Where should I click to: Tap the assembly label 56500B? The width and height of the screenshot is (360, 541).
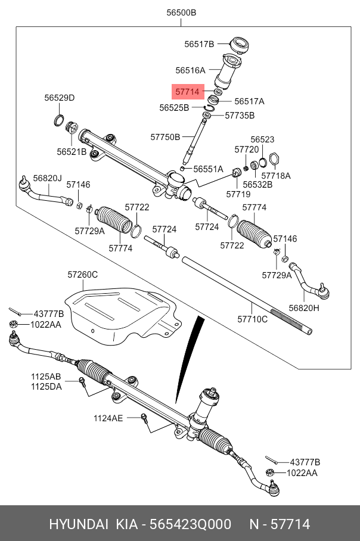click(179, 13)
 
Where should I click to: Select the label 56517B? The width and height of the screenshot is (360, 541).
click(199, 43)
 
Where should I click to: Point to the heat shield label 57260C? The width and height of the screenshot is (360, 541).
click(82, 275)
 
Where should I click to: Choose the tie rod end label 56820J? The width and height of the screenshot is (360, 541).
click(47, 178)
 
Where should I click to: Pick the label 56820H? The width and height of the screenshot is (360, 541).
click(304, 308)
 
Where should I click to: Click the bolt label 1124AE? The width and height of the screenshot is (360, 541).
click(108, 418)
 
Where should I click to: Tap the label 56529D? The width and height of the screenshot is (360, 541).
click(60, 98)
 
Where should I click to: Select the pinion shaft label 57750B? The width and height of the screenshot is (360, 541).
click(165, 137)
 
